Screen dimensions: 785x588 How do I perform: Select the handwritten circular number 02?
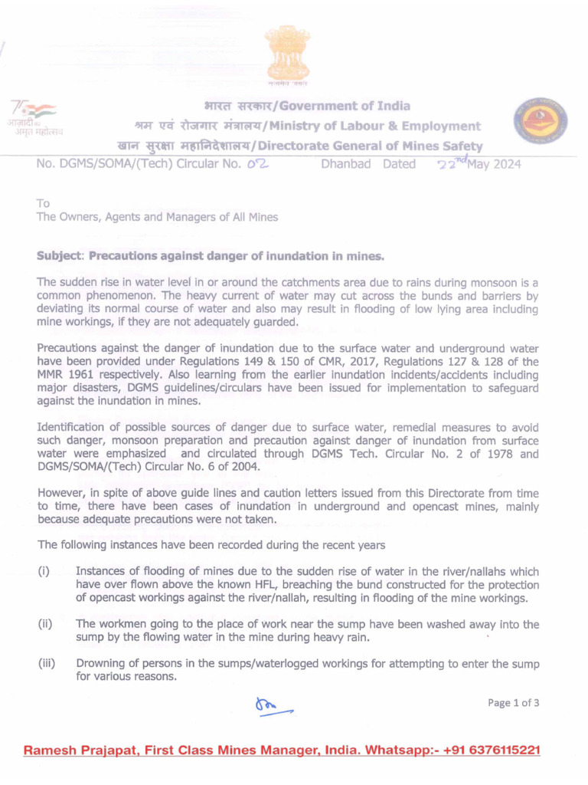click(256, 163)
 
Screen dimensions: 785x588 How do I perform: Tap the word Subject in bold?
click(61, 255)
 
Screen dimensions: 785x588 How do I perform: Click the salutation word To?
click(43, 204)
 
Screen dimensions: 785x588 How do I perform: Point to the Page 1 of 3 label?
click(513, 703)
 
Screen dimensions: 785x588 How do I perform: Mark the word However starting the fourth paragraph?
click(64, 493)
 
